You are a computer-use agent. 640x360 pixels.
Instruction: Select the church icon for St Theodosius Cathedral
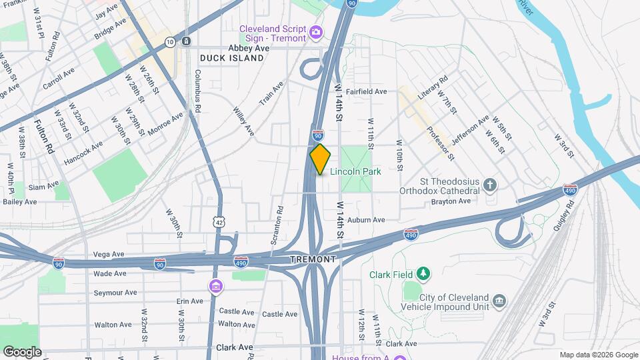tap(490, 185)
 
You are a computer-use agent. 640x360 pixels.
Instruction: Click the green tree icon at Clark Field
tap(421, 273)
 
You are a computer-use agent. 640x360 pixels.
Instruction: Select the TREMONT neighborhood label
tap(313, 259)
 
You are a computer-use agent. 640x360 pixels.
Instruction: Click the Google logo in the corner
tap(21, 351)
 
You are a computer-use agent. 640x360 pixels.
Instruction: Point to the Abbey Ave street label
tap(249, 48)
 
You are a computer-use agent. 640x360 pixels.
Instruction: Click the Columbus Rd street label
tap(198, 87)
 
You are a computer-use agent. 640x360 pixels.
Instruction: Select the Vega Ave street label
tap(109, 255)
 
